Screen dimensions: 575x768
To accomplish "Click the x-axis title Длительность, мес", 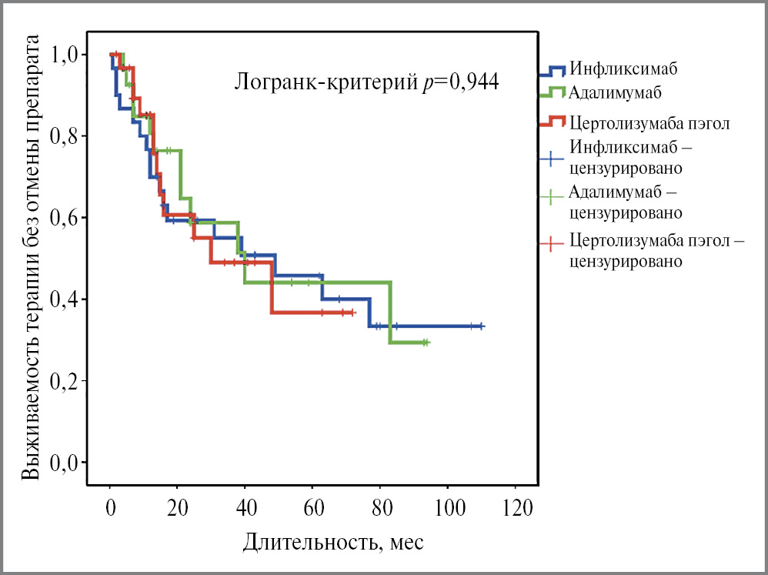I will pyautogui.click(x=333, y=542).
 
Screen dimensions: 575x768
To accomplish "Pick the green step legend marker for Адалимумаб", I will pyautogui.click(x=552, y=93).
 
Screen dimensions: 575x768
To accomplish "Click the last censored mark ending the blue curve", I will pyautogui.click(x=481, y=326).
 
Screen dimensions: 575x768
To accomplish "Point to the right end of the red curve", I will pyautogui.click(x=352, y=313).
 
